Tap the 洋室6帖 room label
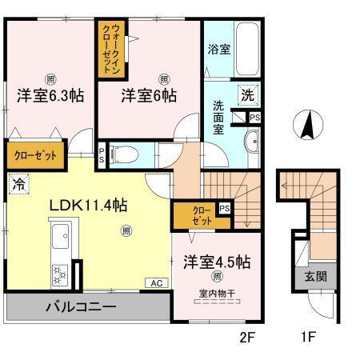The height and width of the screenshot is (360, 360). point(149,95)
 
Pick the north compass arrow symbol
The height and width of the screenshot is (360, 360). point(306,126)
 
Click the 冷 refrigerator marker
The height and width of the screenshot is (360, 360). point(18,183)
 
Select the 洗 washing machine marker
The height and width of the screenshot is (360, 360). point(249,95)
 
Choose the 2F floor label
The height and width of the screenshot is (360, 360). point(246,338)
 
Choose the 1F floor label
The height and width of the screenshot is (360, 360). point(308,338)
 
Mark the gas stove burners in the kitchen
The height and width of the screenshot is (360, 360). point(60,274)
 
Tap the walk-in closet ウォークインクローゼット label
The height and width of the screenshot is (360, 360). point(110,50)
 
